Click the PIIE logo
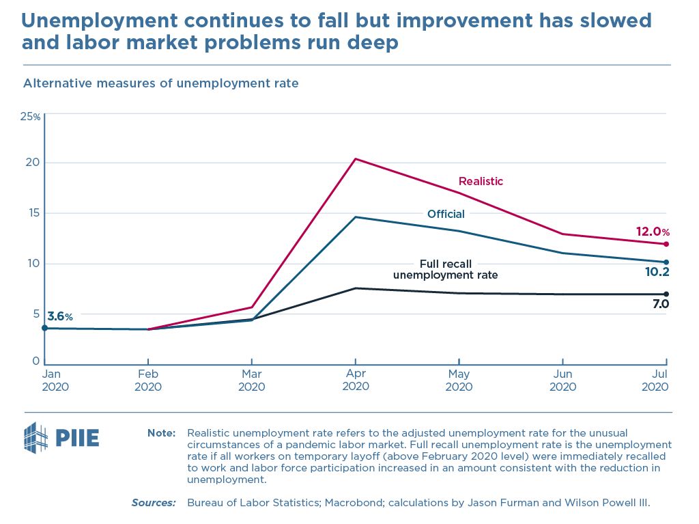point(61,436)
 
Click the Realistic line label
point(481,181)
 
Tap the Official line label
point(446,214)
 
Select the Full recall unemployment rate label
point(445,269)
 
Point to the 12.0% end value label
point(653,232)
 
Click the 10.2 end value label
point(656,272)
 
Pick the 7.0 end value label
point(659,304)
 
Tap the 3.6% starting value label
point(60,316)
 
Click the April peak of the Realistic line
point(356,159)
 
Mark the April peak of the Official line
point(356,217)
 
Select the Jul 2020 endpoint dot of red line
point(666,244)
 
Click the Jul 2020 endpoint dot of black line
point(666,294)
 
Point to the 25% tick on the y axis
point(31,116)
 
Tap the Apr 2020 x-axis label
point(355,380)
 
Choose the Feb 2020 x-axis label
point(148,380)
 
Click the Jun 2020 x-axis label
point(562,380)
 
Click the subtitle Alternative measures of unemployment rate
point(161,83)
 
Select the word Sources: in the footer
point(154,503)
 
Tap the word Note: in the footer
point(162,433)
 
